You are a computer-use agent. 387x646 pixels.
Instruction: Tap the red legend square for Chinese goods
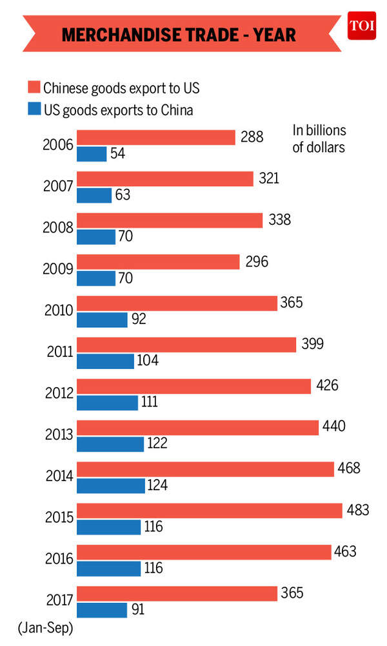coord(34,88)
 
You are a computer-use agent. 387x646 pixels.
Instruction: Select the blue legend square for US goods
coord(34,109)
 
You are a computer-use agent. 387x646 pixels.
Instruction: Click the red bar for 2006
coord(155,137)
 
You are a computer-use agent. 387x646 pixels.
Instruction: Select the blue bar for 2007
coord(94,195)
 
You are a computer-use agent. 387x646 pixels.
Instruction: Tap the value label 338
coord(279,220)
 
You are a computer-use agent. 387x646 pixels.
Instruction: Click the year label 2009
coord(57,269)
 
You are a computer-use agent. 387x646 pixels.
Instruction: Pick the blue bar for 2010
coord(102,319)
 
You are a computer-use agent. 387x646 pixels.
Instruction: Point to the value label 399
coord(312,344)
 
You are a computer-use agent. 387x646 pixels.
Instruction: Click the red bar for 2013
coord(197,427)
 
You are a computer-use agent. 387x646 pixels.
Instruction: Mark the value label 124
coord(156,485)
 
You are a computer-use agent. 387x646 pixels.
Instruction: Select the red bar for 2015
coord(209,510)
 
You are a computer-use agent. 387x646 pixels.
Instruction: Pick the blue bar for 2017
coord(101,609)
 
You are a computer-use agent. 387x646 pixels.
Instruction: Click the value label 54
coord(117,154)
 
